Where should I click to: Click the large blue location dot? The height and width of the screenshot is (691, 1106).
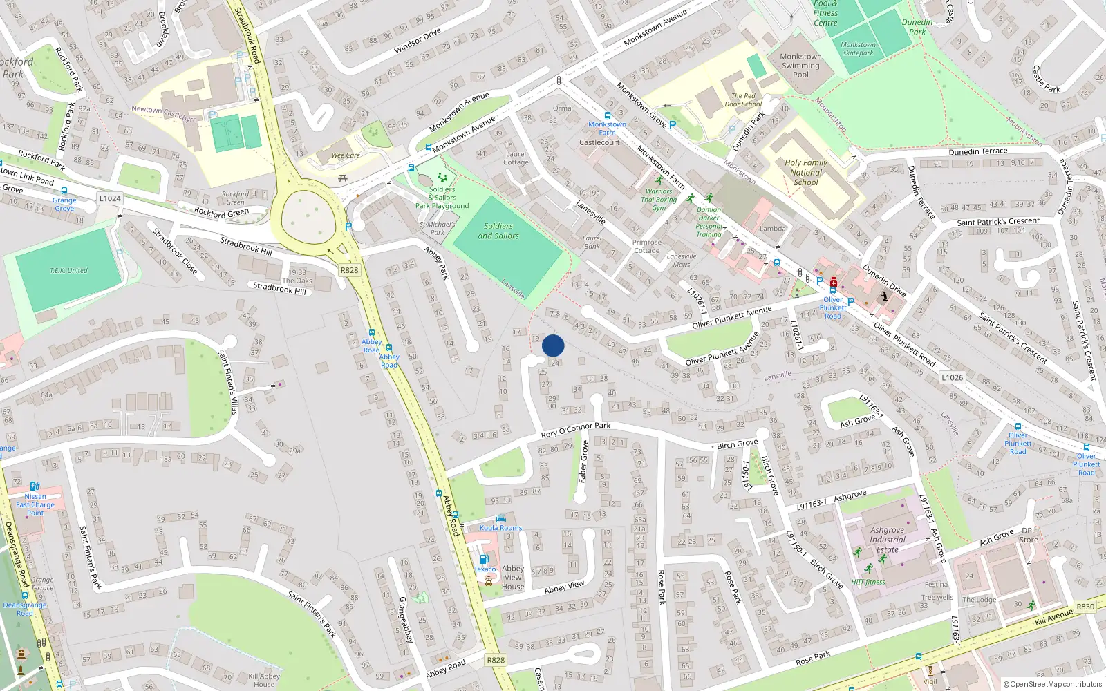click(553, 345)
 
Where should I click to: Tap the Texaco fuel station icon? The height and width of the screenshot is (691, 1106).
click(484, 559)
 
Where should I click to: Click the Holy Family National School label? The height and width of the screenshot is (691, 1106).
click(806, 173)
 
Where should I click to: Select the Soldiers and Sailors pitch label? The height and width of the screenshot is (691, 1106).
click(498, 231)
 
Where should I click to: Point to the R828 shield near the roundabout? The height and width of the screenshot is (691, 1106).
click(349, 270)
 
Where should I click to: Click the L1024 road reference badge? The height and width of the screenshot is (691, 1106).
click(110, 198)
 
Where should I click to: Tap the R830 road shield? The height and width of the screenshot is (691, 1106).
click(1085, 607)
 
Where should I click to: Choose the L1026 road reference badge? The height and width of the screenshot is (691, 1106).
click(952, 377)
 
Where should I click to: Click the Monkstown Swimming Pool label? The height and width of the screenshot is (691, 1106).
click(800, 66)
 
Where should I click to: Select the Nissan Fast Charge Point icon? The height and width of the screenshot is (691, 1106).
click(35, 486)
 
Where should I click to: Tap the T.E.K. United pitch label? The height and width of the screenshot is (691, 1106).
click(68, 270)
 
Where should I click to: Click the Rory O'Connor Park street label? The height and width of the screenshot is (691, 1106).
click(576, 429)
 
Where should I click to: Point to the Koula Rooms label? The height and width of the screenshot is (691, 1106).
click(501, 528)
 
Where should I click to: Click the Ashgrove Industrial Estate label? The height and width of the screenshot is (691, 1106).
click(888, 540)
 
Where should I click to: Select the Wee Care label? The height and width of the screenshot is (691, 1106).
click(346, 155)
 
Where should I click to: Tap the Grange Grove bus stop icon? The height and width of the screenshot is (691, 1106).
click(64, 191)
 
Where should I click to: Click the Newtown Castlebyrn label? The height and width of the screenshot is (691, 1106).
click(165, 114)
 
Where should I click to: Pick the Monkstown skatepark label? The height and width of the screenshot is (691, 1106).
click(858, 49)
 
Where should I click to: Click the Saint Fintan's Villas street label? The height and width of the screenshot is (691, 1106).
click(228, 381)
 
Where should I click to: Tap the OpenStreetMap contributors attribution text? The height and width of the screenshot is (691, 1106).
click(1052, 684)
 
